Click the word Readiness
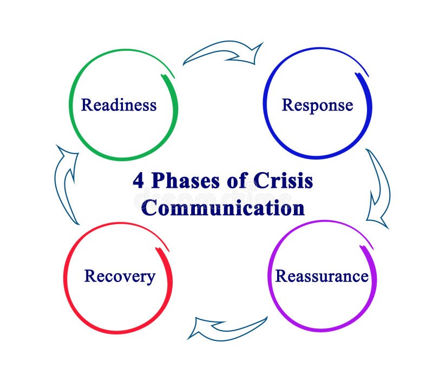(x=119, y=104)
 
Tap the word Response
(x=317, y=104)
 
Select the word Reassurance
(x=322, y=276)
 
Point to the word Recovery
(x=120, y=277)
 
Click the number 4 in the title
(x=139, y=181)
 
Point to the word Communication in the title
(x=222, y=208)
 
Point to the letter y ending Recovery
(x=150, y=279)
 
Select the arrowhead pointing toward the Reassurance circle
(x=378, y=219)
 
